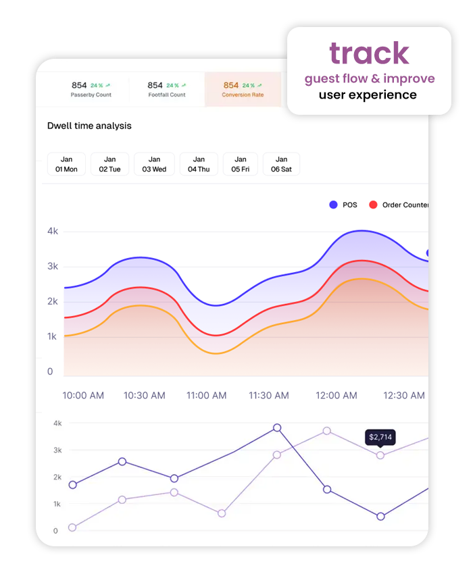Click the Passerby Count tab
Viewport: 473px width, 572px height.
pos(91,90)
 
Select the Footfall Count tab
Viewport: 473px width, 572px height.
pos(166,90)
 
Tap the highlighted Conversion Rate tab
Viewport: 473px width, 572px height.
pos(243,90)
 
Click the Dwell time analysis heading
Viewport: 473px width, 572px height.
pos(89,126)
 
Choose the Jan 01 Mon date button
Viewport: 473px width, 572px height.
pos(66,164)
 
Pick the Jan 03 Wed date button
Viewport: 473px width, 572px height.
pos(154,164)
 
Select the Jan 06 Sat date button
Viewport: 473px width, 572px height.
pos(281,164)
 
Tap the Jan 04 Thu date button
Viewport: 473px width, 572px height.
pos(198,164)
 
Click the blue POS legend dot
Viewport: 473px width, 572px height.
pos(333,205)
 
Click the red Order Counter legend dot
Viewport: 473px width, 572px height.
pos(372,205)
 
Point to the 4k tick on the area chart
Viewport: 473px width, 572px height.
pos(53,231)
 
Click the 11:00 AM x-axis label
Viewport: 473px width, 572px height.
pos(206,395)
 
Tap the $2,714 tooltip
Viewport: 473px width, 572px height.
pos(380,438)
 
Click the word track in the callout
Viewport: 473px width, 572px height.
pos(369,53)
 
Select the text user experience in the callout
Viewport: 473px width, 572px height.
pos(368,95)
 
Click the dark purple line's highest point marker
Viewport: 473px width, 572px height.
pos(277,428)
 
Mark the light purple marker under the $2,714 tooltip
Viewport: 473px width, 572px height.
pos(380,455)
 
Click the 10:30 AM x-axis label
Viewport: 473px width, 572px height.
pos(145,395)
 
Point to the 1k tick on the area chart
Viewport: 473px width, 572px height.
pos(53,336)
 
